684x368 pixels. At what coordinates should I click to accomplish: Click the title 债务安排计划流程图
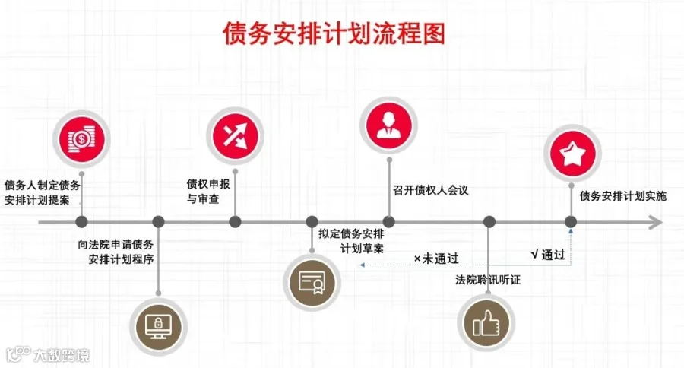point(334,33)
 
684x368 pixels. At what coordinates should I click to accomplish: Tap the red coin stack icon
point(81,139)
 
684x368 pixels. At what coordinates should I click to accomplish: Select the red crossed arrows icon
point(235,136)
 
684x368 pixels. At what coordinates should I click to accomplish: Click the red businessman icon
point(388,125)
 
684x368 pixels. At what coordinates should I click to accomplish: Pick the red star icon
point(573,154)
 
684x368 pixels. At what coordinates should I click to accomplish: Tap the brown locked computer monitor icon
point(158,326)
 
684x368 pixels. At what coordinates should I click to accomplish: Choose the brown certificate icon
point(312,281)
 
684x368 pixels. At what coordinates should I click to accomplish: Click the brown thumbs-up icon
point(486,323)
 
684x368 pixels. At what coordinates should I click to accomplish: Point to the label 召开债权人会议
point(431,190)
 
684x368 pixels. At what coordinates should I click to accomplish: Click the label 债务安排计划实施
point(623,196)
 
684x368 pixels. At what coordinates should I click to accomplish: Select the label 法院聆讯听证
point(488,280)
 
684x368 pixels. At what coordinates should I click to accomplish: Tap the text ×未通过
point(436,259)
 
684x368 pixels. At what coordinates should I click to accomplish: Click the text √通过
point(548,255)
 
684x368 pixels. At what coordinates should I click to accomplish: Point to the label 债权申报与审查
point(208,191)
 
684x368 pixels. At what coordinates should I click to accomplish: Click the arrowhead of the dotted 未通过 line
point(362,265)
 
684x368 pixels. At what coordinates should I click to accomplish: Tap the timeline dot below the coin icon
point(81,222)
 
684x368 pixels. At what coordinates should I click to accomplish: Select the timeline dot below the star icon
point(571,222)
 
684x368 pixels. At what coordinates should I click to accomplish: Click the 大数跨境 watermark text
point(62,355)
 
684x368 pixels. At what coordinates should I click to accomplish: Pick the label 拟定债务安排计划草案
point(351,241)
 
